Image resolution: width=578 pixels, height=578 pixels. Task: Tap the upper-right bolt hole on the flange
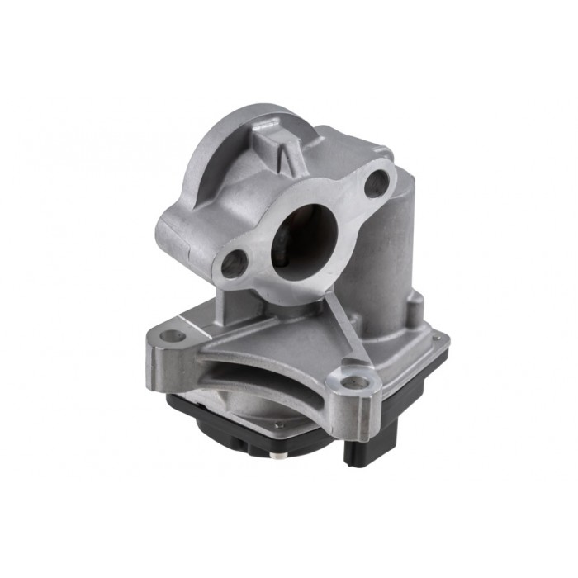pos(377,183)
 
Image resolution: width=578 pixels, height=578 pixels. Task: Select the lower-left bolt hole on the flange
pos(235,264)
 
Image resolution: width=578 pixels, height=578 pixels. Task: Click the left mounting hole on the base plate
pos(173,336)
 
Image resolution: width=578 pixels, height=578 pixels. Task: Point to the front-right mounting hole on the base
pos(354,382)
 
